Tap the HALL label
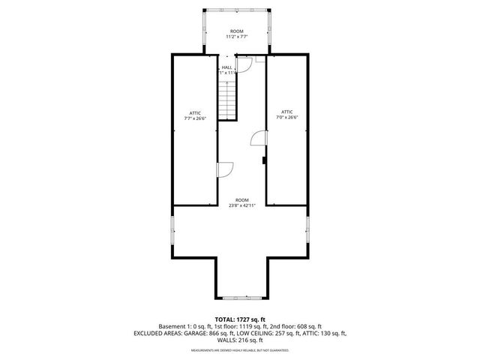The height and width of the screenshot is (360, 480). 226,67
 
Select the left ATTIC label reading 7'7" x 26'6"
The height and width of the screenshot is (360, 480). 195,115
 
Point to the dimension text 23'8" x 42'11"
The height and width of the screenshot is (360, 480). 241,205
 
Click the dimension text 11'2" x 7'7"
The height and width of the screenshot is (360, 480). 236,36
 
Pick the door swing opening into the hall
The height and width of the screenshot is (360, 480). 243,68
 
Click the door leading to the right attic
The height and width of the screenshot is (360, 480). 259,139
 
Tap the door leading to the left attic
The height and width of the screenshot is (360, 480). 225,170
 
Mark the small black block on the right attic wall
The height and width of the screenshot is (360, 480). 264,159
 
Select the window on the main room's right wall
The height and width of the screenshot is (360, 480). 307,229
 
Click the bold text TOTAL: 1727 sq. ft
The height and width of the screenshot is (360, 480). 239,319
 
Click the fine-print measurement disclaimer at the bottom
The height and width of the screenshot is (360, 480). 240,350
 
